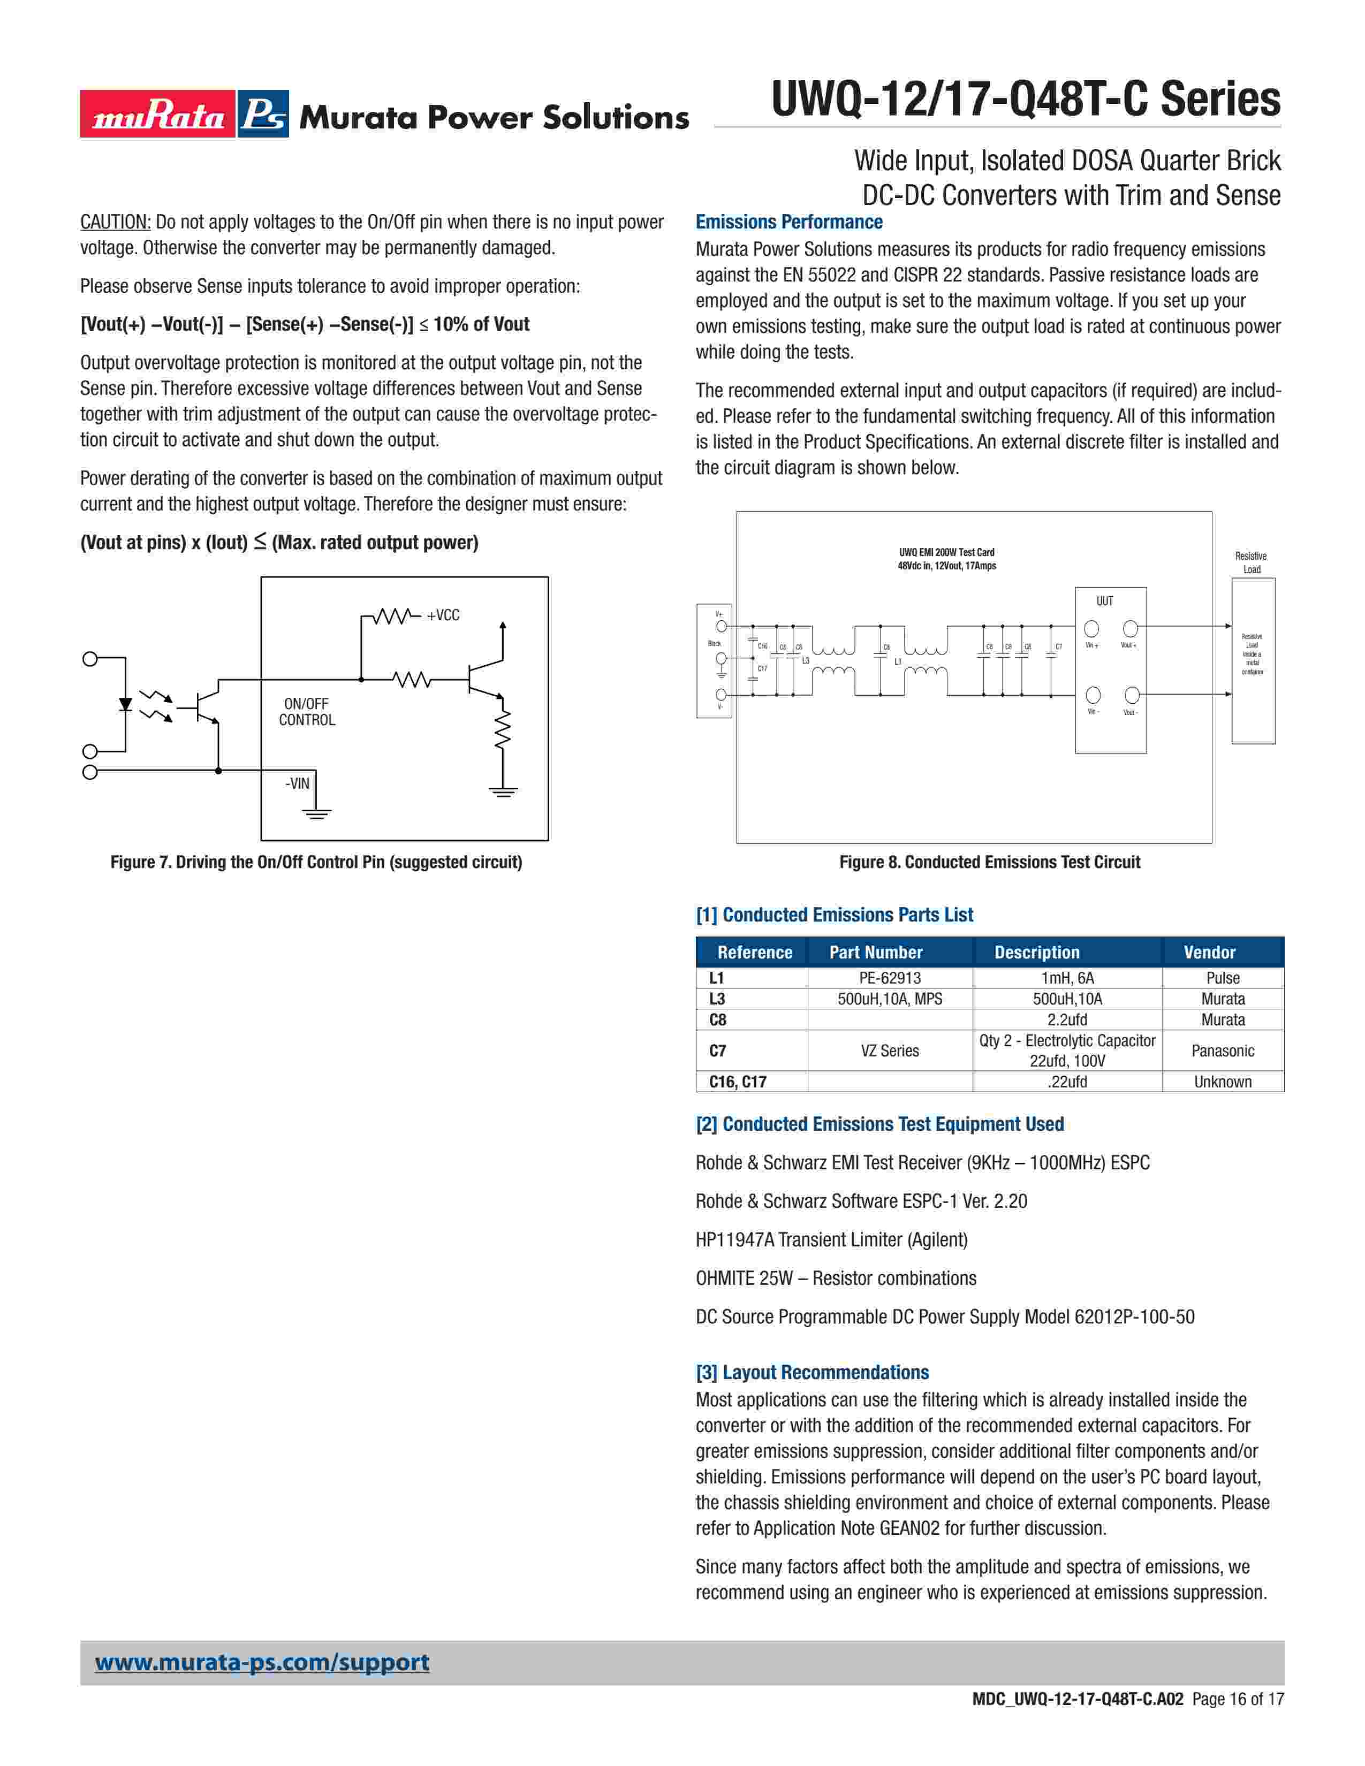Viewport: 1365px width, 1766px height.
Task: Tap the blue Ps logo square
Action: click(263, 114)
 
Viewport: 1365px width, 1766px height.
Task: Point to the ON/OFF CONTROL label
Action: click(307, 712)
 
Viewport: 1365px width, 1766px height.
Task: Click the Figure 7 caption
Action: click(316, 862)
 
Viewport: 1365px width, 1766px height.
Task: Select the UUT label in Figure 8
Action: click(1105, 602)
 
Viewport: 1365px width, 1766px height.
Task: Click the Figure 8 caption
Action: click(989, 862)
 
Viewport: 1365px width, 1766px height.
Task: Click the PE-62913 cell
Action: click(890, 978)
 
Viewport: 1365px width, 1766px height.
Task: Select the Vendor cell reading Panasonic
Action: click(1223, 1051)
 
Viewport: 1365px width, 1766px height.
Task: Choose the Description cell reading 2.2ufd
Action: click(1067, 1019)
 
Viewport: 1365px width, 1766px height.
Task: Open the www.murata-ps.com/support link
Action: click(262, 1663)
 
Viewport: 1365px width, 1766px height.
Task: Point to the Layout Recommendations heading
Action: click(812, 1372)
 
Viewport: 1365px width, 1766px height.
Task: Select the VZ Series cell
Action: click(890, 1051)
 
